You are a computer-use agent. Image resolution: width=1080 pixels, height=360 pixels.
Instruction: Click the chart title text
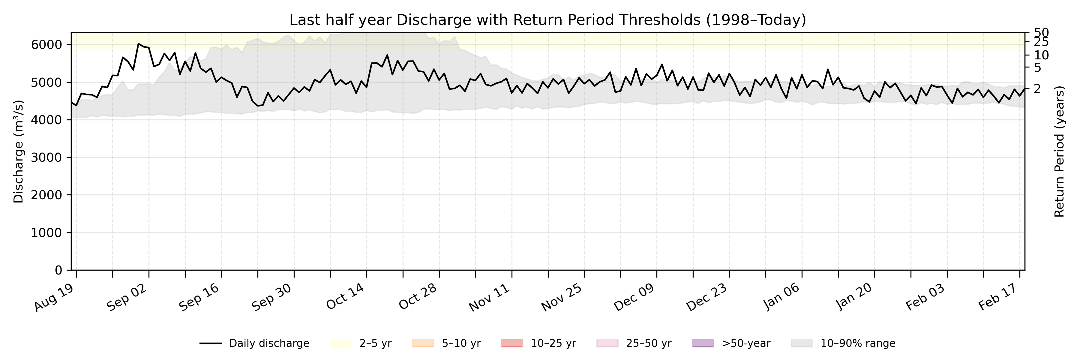coord(547,20)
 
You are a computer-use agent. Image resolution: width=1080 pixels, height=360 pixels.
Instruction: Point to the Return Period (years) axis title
coord(1060,152)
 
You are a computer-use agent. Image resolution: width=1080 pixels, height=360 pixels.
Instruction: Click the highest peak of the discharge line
coord(138,43)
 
